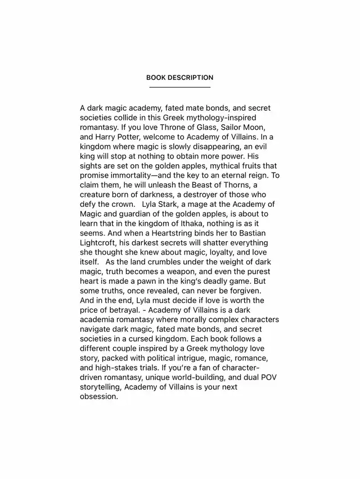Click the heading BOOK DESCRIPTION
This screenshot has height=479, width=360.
tap(179, 78)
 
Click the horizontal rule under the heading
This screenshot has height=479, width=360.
tap(179, 88)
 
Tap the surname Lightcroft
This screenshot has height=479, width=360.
tap(101, 243)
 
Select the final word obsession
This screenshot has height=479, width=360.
tap(99, 396)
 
